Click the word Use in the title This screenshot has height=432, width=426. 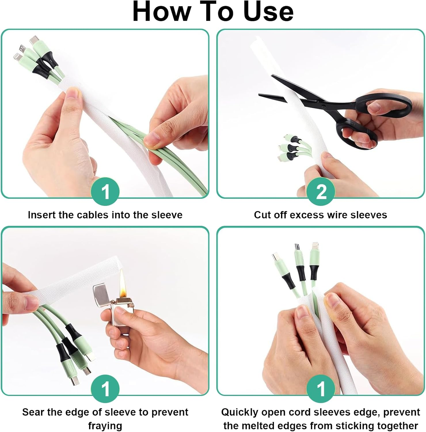click(x=269, y=12)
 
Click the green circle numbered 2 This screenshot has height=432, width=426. click(x=321, y=192)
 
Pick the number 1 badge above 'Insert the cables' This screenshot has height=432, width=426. click(x=105, y=192)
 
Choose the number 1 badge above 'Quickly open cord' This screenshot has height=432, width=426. click(x=321, y=389)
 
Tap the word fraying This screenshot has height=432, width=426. click(x=105, y=426)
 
